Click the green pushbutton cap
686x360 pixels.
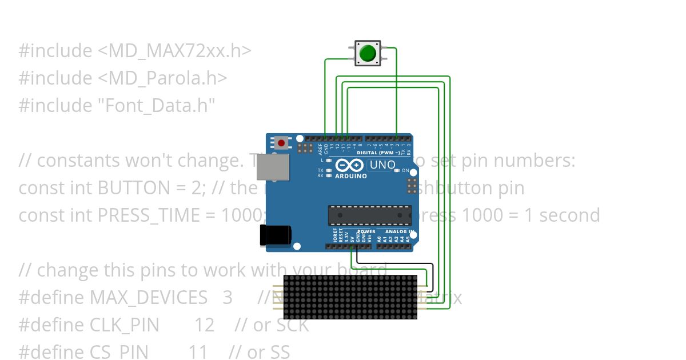[368, 53]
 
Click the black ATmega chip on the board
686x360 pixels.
[369, 215]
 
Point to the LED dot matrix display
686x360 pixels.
[350, 297]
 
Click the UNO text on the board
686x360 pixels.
[382, 165]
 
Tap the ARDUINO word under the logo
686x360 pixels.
[351, 176]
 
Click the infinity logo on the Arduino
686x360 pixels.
[349, 166]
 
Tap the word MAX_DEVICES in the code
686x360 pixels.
[149, 297]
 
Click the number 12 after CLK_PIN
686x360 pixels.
[204, 325]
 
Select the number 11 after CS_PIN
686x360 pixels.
[198, 352]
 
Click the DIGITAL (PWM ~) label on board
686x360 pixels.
[380, 153]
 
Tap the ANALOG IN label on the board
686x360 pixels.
[400, 231]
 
